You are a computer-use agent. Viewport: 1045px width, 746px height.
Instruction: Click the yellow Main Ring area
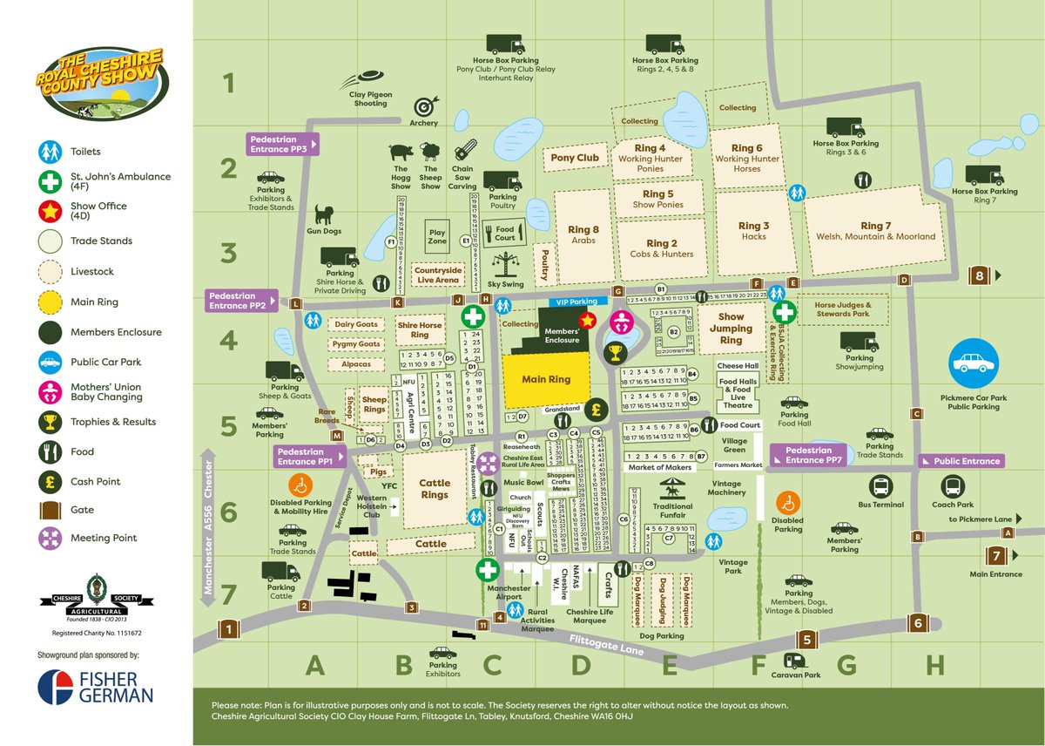point(546,380)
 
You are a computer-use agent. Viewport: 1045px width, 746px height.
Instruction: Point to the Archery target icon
point(424,106)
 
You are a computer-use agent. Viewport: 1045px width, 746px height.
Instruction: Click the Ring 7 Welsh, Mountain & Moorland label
point(875,231)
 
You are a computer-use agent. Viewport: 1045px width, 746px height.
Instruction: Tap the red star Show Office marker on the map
point(587,321)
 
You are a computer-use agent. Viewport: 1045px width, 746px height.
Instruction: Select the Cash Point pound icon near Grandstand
point(597,408)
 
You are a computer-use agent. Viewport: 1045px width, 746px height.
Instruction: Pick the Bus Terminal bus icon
point(880,485)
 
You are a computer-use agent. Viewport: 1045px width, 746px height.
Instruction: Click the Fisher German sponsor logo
point(96,685)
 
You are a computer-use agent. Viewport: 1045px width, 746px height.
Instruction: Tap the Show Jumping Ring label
point(731,329)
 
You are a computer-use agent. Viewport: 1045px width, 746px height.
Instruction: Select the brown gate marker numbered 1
point(228,628)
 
